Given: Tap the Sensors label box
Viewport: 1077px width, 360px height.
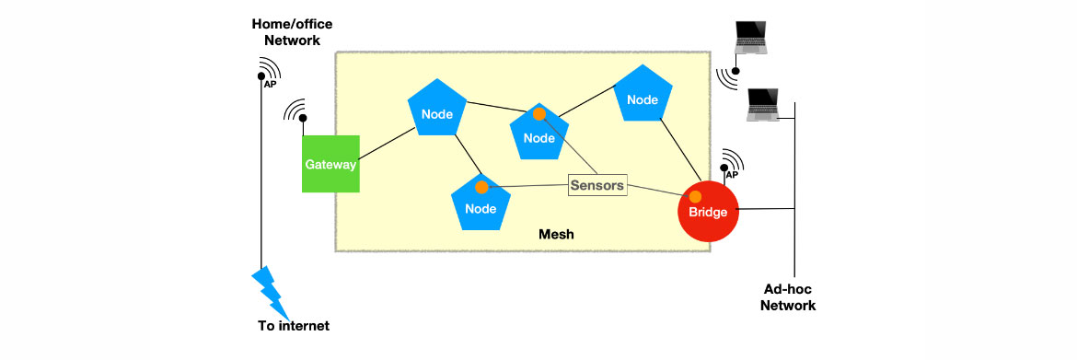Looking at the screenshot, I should (x=596, y=185).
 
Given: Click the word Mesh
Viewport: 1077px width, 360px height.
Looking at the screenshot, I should (x=556, y=235).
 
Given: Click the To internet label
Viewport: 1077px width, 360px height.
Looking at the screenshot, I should (x=293, y=326).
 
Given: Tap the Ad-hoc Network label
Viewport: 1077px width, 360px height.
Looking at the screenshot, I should (x=787, y=296).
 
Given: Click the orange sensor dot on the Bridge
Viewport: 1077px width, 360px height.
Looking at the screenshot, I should (x=697, y=196).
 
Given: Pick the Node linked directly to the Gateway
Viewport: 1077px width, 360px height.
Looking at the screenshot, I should (x=437, y=111).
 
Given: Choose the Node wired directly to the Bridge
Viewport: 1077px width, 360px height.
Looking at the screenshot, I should (x=643, y=97).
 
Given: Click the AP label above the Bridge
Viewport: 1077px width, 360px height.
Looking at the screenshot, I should (x=733, y=174).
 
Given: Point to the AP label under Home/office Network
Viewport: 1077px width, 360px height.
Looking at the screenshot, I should (x=271, y=84).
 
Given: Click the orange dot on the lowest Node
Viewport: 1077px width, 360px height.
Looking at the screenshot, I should (x=481, y=187).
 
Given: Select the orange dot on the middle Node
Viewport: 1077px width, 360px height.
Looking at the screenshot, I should (x=538, y=114).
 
